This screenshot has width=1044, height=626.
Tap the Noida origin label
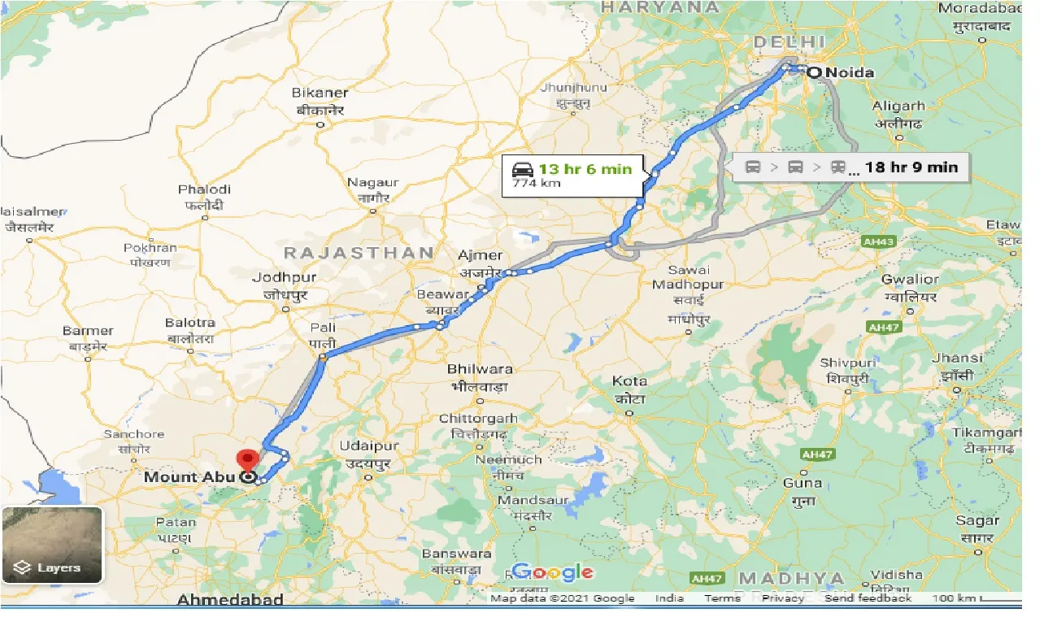tap(850, 73)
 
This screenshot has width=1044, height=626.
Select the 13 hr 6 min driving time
tap(585, 168)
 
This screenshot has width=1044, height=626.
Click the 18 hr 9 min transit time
tap(911, 167)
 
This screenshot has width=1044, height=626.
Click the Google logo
tap(553, 572)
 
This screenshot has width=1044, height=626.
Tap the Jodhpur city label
tap(284, 278)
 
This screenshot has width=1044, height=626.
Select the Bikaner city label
tap(320, 93)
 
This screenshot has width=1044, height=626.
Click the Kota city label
tap(630, 381)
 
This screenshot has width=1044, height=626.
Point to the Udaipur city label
tap(369, 446)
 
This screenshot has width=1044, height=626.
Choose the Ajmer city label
tap(481, 256)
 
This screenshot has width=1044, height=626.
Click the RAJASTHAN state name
tap(359, 253)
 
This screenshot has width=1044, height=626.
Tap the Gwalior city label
tap(910, 280)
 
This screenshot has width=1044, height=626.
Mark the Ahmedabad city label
tap(230, 600)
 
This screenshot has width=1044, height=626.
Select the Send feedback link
tap(868, 598)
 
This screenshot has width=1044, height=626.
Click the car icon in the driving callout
tap(523, 169)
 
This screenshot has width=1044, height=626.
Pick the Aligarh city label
tap(898, 106)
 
